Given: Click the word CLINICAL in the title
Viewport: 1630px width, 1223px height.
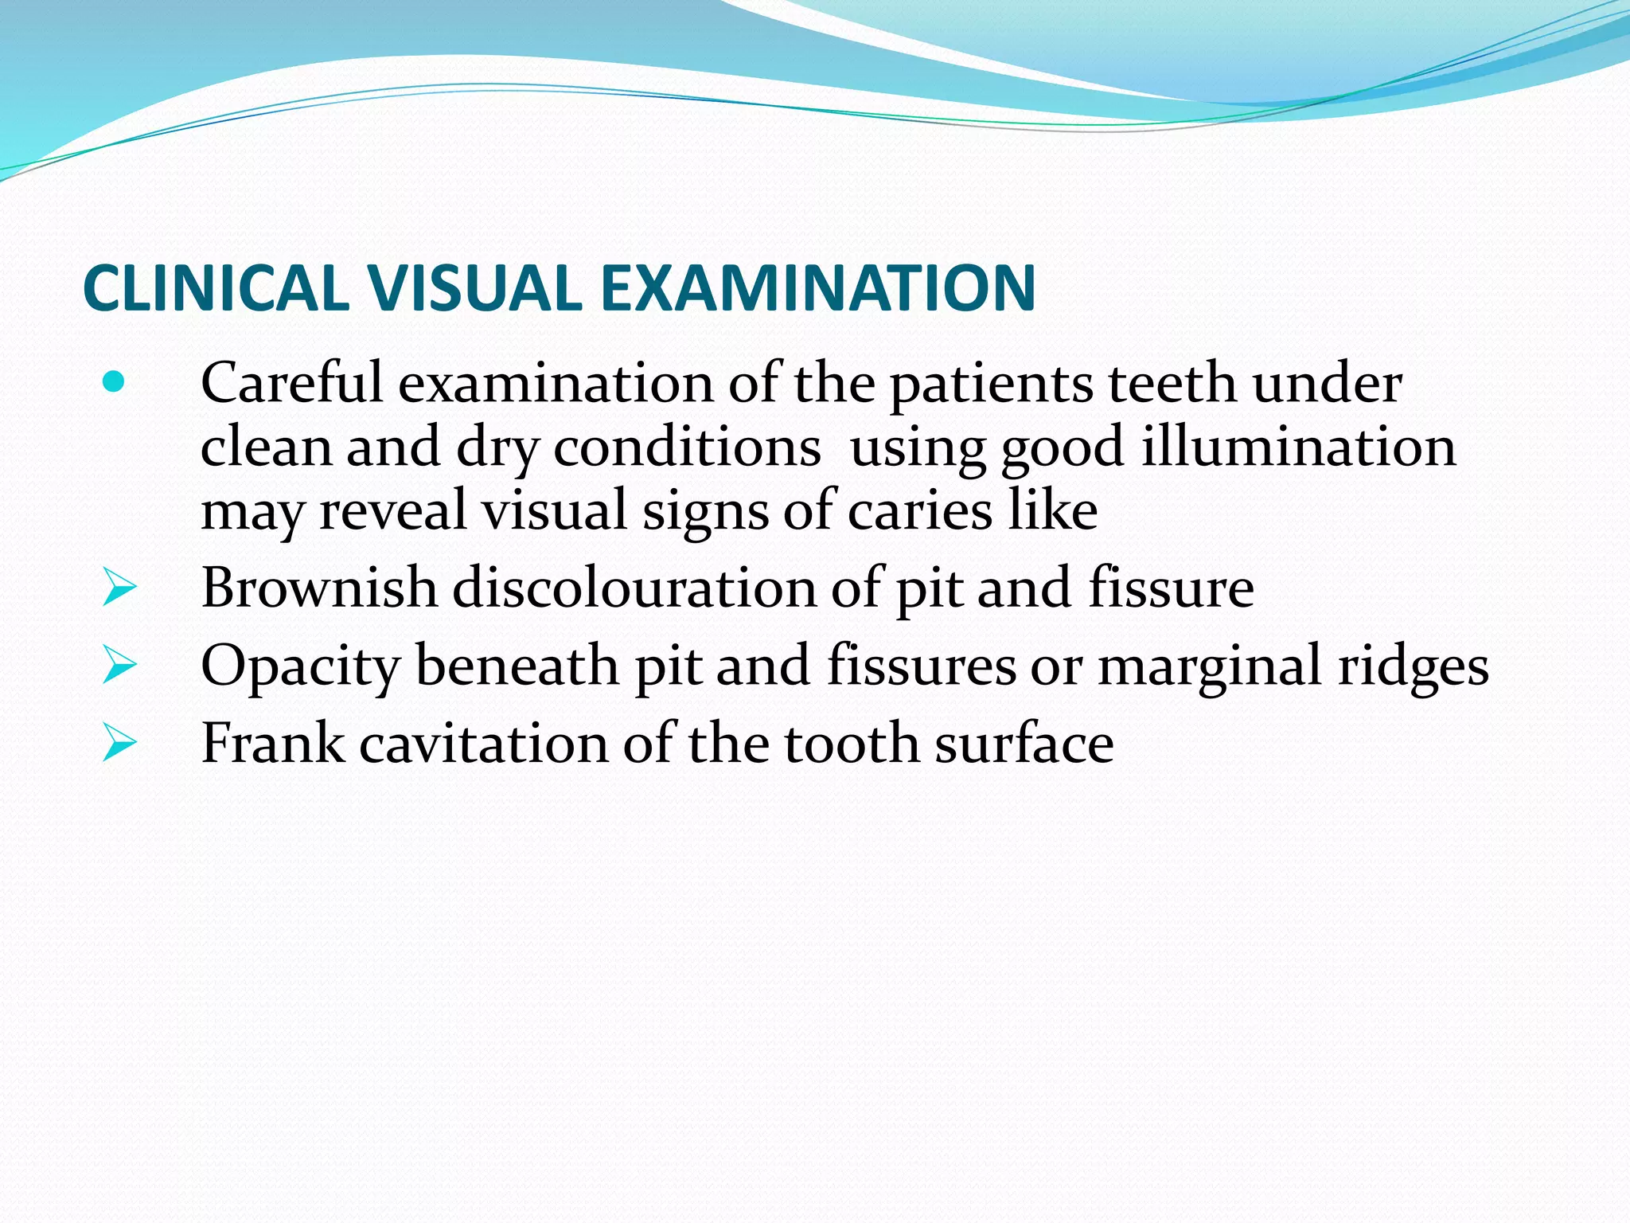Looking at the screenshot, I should (x=216, y=287).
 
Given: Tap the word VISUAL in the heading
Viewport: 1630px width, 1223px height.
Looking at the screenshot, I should (x=474, y=287).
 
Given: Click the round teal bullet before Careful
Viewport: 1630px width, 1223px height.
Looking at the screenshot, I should (x=114, y=383).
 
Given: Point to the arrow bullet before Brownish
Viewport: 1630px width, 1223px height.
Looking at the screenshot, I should (x=119, y=589).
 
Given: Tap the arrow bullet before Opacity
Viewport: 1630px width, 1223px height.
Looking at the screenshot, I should (x=119, y=666).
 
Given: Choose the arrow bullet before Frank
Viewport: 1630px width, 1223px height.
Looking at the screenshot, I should (x=119, y=744).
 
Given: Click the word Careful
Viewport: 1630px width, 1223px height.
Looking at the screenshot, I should (x=291, y=384).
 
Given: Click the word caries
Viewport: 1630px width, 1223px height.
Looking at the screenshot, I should (x=919, y=510).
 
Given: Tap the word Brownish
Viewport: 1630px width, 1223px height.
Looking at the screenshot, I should (x=319, y=588).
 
